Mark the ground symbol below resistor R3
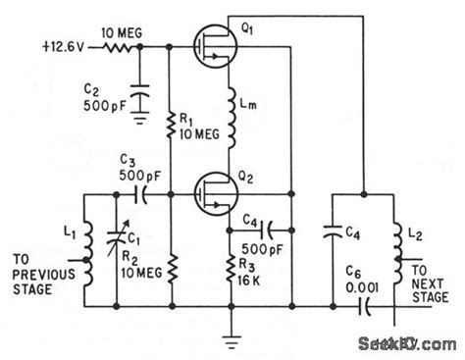point(231,340)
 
